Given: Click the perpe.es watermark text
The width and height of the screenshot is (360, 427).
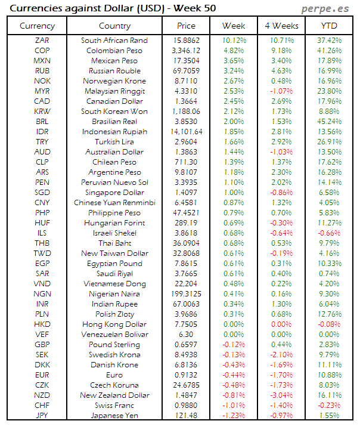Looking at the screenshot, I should click(x=326, y=8).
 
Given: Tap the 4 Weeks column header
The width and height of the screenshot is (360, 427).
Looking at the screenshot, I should click(x=281, y=26).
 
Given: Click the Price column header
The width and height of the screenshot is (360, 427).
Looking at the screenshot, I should click(x=187, y=26).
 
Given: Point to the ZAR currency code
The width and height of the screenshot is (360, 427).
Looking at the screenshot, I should click(x=42, y=41).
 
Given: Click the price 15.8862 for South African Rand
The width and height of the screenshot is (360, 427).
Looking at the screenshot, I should click(x=187, y=41).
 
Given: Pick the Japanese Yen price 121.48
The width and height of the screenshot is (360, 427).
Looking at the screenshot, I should click(x=187, y=415).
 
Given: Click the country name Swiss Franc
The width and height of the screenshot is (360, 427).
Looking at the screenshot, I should click(x=114, y=405).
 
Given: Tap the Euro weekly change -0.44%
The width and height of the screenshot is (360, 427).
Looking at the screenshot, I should click(x=234, y=375).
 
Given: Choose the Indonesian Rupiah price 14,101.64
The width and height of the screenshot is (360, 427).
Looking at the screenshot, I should click(x=187, y=132).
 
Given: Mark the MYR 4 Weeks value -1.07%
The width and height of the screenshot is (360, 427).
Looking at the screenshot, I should click(x=281, y=91).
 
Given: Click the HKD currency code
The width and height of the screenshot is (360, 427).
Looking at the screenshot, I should click(x=42, y=324).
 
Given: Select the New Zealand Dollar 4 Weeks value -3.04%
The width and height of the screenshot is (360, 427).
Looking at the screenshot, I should click(x=281, y=395).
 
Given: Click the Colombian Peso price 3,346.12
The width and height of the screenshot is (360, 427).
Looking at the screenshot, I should click(x=187, y=51).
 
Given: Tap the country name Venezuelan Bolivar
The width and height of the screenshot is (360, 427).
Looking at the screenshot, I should click(x=114, y=335).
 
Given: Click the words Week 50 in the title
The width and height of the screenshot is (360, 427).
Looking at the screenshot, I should click(x=194, y=8).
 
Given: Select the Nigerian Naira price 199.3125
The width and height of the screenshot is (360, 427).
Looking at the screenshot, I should click(x=187, y=294).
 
